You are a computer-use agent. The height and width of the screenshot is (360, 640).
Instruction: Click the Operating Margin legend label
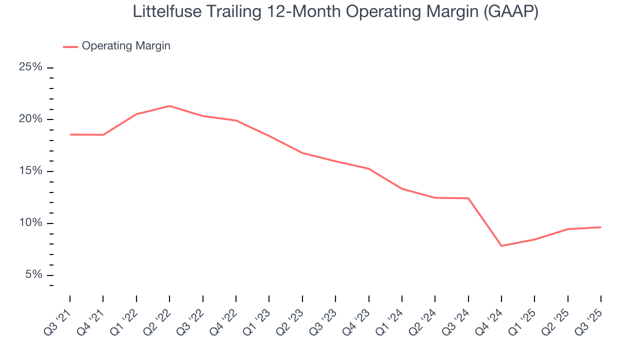[126, 46]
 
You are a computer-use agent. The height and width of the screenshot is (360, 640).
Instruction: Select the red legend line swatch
[70, 46]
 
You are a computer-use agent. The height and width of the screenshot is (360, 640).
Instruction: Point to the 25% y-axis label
[30, 67]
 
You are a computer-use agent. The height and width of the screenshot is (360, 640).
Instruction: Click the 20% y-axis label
[30, 119]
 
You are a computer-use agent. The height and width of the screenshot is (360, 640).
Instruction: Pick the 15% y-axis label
[30, 171]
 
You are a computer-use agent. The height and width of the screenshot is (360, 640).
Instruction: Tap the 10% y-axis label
[30, 223]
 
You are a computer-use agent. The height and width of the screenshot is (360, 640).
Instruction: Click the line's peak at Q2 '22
[169, 106]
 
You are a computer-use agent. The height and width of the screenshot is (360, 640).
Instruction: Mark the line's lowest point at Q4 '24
[501, 246]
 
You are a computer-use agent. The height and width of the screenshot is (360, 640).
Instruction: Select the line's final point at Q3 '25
[600, 227]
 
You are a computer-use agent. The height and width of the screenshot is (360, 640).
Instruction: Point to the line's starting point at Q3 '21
[70, 134]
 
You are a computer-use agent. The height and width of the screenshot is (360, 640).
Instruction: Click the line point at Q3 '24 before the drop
[468, 198]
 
